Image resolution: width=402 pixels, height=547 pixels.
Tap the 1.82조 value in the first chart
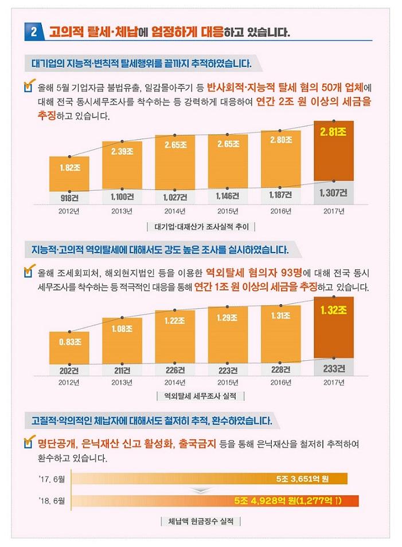click(69, 168)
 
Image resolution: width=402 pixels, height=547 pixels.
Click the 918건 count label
click(69, 198)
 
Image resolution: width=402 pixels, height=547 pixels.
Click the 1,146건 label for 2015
click(228, 196)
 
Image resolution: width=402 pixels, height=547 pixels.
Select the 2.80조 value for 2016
click(280, 139)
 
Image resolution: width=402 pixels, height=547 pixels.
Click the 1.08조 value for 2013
click(122, 328)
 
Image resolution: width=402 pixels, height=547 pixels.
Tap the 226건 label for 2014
click(175, 370)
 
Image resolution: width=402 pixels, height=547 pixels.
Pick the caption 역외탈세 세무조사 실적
click(201, 396)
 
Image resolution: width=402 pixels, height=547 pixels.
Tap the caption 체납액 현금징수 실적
click(201, 521)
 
